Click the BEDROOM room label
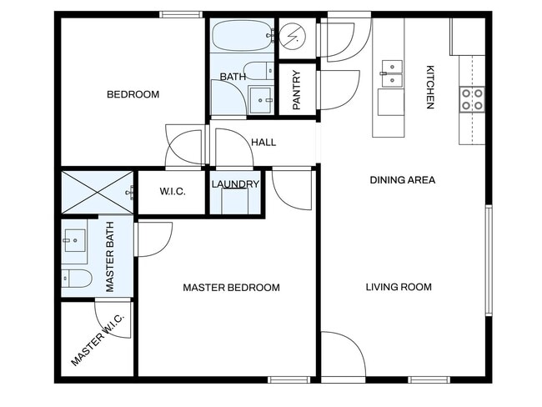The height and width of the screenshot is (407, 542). (133, 94)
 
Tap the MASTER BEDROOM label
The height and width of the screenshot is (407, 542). (231, 288)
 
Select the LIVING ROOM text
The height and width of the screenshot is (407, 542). (399, 288)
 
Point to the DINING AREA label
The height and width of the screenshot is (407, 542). (403, 179)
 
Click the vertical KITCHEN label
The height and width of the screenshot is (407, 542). (430, 87)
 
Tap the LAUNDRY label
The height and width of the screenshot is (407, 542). (235, 184)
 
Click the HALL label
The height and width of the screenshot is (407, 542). (263, 143)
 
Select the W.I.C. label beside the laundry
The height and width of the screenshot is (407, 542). (172, 192)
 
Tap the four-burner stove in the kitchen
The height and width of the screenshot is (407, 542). (472, 100)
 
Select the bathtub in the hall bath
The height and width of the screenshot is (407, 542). (240, 36)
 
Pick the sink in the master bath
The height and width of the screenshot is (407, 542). (73, 241)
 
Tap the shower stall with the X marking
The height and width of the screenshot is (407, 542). (95, 193)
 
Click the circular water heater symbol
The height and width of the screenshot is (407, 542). (293, 36)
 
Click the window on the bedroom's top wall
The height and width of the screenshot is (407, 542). (181, 13)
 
